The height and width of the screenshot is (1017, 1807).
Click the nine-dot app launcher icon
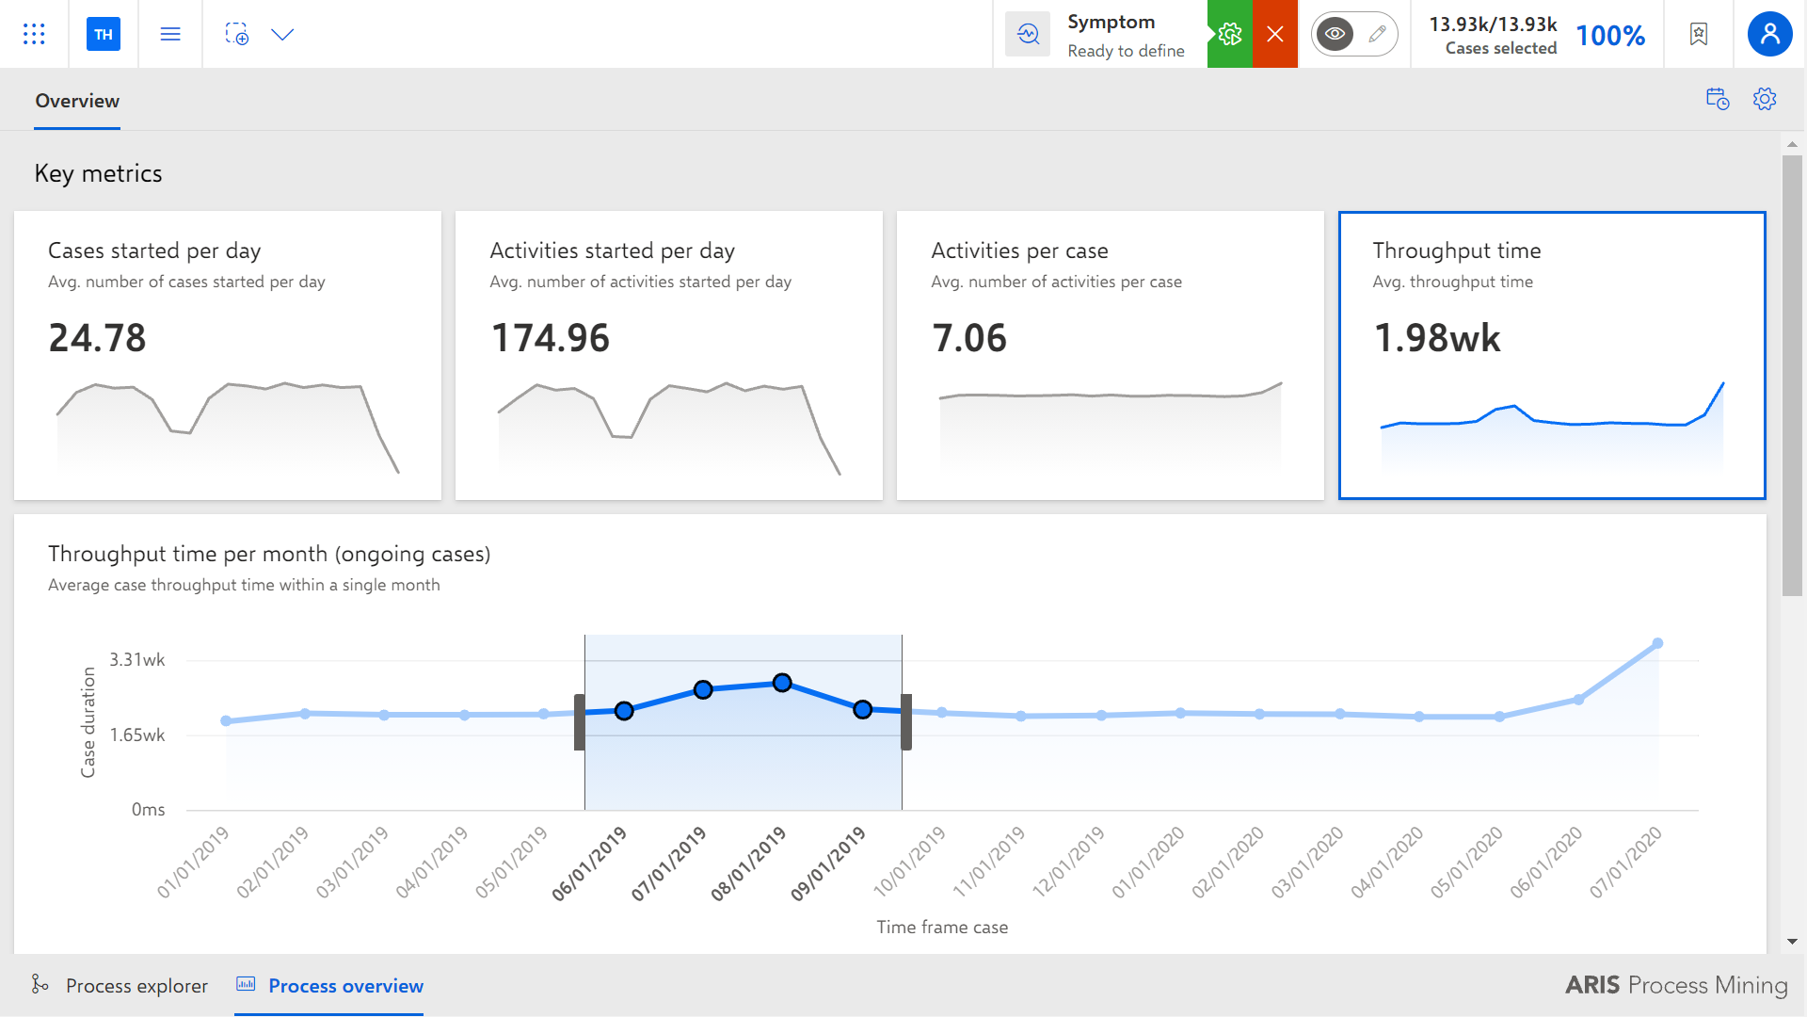click(x=34, y=34)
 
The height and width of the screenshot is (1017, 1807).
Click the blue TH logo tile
click(x=104, y=34)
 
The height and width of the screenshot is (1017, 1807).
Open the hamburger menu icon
click(x=170, y=34)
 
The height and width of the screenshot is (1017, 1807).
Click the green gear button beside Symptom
click(x=1230, y=34)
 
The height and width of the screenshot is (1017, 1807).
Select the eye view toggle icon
click(x=1335, y=35)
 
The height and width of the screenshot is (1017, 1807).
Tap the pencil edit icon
click(x=1377, y=35)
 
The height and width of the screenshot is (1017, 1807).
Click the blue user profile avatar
click(x=1769, y=34)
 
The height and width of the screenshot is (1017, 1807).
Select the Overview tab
click(x=77, y=101)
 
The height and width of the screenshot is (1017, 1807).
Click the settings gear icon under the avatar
click(x=1765, y=99)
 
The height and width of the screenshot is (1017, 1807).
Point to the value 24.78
click(x=97, y=338)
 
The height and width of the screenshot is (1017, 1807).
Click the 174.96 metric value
click(x=550, y=338)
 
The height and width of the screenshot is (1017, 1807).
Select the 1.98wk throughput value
click(x=1437, y=338)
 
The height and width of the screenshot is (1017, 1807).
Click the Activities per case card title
click(x=1019, y=250)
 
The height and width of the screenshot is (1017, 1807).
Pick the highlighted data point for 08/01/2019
click(x=782, y=683)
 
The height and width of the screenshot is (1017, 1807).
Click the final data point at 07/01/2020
click(x=1657, y=644)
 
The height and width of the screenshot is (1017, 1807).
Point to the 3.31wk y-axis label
click(x=137, y=660)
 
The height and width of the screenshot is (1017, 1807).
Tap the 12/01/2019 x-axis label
click(x=1068, y=862)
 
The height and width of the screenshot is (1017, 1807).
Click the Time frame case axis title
click(x=942, y=928)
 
